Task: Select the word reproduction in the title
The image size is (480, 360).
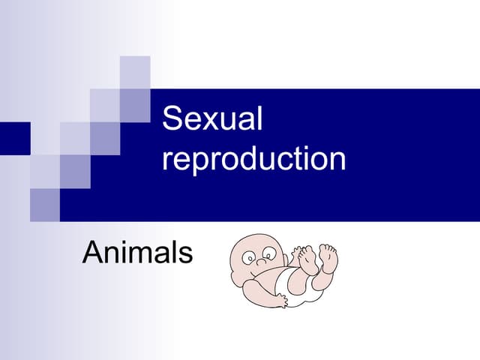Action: point(254,160)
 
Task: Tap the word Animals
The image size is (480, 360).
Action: point(137,253)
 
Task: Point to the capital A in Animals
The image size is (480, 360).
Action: point(92,253)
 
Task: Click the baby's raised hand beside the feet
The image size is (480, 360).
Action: point(298,255)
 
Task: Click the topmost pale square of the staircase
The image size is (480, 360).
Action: point(135,72)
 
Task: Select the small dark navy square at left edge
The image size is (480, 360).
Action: point(15,137)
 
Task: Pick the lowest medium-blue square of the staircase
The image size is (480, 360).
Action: point(45,204)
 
